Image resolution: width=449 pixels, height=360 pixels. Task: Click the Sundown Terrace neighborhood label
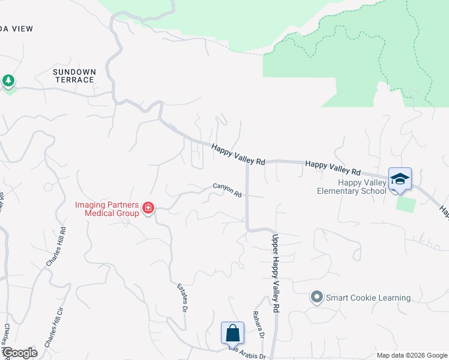click(74, 76)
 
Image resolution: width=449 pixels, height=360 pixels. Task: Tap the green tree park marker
click(8, 81)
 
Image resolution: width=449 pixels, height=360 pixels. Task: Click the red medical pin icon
click(148, 209)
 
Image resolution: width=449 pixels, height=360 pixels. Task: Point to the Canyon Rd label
click(227, 190)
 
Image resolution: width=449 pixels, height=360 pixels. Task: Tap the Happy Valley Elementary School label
click(352, 187)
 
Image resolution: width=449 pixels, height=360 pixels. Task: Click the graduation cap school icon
click(400, 178)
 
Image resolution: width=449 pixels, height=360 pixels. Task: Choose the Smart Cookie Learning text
click(369, 298)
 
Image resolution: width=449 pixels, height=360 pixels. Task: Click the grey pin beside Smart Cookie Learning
click(317, 297)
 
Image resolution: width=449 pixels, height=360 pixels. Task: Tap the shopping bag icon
click(232, 332)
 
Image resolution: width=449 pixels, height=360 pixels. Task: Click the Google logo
click(20, 353)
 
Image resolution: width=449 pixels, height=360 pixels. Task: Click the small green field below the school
click(405, 203)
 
